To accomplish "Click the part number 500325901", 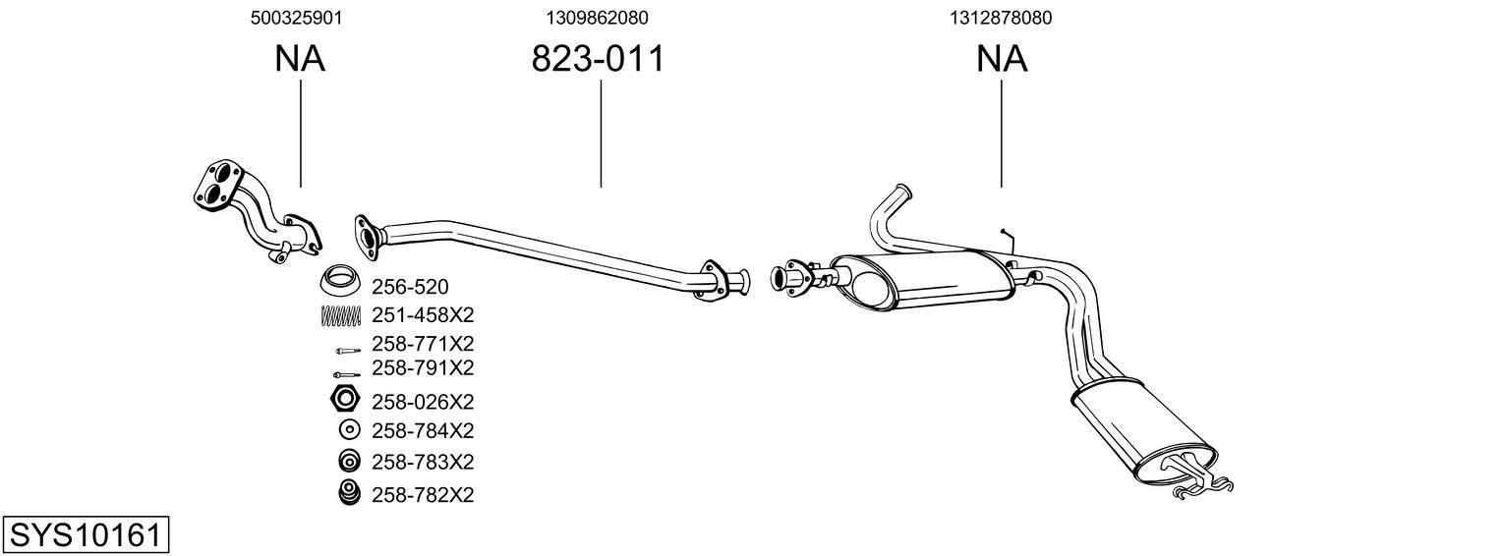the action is [x=300, y=18].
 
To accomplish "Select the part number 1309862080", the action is [x=598, y=18].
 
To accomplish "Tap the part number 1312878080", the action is [x=1001, y=18].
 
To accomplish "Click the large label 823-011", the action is [x=598, y=59].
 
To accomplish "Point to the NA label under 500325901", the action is [x=300, y=59].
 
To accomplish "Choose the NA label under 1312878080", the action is [x=1002, y=59].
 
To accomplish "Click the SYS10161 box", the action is [x=85, y=535].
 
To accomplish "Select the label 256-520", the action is [x=410, y=287].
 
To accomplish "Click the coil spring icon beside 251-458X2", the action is [x=341, y=315].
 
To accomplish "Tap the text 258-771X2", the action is [x=423, y=344].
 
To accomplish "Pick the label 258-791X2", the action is [x=423, y=367].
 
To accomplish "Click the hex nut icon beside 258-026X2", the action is [x=344, y=400].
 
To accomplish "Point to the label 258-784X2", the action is [x=423, y=430].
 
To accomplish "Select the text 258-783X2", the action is [x=423, y=462].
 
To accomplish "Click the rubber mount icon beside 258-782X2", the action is [x=347, y=494].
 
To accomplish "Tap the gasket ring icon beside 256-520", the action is [x=340, y=282].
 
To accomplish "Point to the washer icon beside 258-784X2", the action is [x=348, y=429].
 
